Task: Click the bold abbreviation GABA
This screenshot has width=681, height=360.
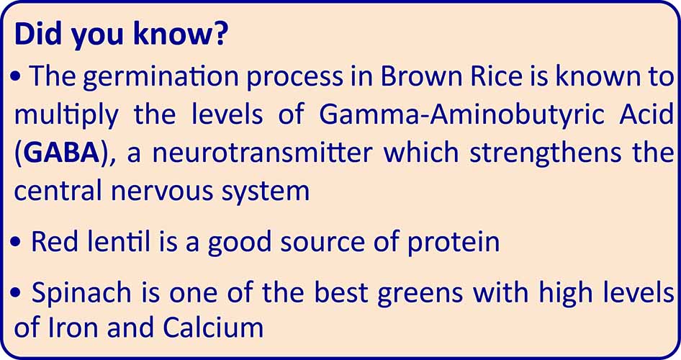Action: (x=60, y=153)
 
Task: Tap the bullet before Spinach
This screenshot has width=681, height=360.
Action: (x=19, y=294)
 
